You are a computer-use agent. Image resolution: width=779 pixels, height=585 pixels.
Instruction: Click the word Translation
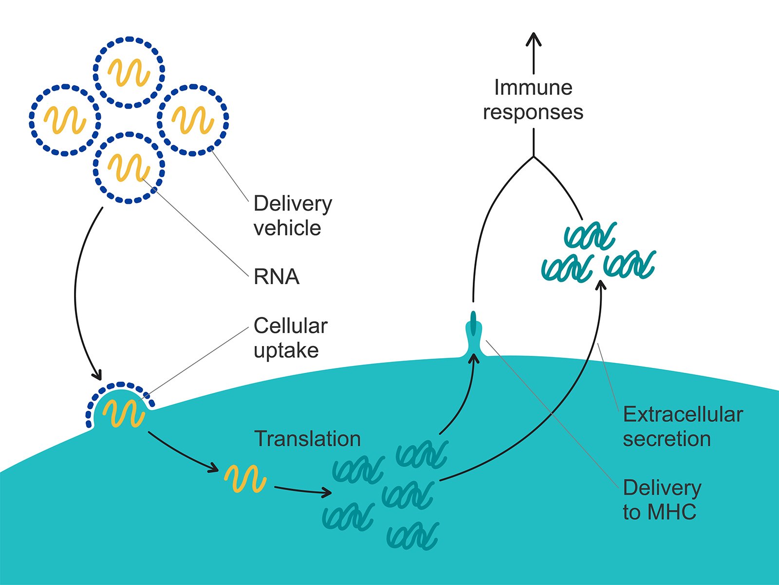(307, 439)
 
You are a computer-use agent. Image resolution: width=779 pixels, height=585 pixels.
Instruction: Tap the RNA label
(276, 277)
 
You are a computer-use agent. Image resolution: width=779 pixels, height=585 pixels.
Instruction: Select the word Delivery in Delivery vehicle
(293, 203)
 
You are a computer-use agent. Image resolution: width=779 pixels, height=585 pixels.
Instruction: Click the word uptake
(286, 350)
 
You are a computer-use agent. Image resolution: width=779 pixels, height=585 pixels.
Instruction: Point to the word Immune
(533, 88)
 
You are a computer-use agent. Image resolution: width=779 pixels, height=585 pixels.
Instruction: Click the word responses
(533, 112)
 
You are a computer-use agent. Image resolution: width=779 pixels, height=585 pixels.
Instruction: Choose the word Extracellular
(683, 415)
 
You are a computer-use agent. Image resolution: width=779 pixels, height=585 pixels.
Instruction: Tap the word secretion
(667, 439)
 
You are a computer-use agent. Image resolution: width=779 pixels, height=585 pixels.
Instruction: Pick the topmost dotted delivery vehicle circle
(129, 72)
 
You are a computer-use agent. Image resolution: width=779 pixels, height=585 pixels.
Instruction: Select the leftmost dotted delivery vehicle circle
(65, 120)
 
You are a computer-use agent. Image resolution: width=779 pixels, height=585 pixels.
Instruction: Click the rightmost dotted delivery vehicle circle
(193, 120)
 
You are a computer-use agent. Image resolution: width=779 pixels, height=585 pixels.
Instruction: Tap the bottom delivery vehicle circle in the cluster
(129, 167)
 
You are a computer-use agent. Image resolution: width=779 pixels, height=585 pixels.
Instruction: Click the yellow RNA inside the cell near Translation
(245, 478)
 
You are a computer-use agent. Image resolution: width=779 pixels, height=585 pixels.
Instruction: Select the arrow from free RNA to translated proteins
(302, 491)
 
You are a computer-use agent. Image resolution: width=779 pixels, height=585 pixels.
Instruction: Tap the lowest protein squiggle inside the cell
(413, 536)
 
